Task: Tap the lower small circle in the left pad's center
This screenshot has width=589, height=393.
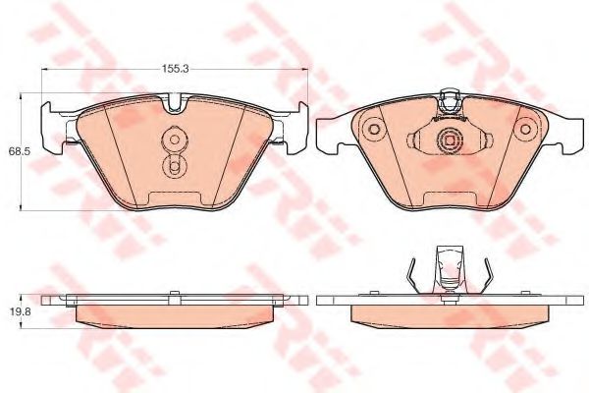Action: [174, 167]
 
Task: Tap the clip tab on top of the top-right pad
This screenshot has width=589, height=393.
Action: [451, 99]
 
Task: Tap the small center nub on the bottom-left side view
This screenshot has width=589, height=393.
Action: [173, 292]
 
